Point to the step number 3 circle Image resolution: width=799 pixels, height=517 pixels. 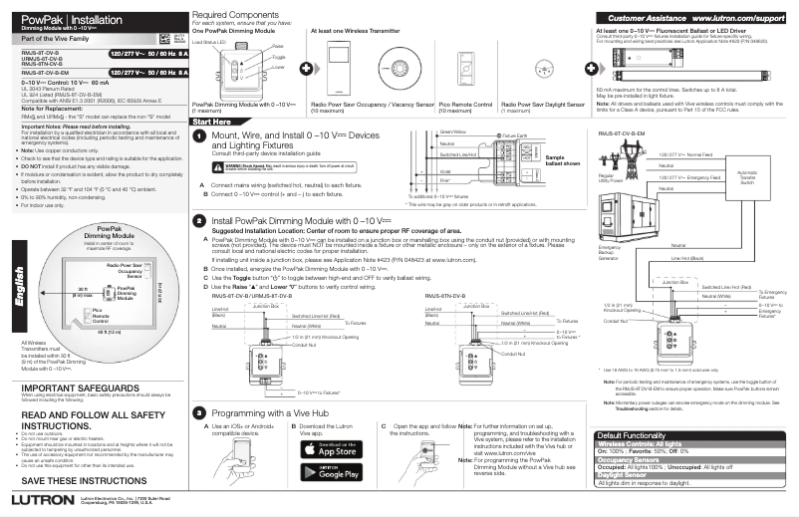coord(199,411)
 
